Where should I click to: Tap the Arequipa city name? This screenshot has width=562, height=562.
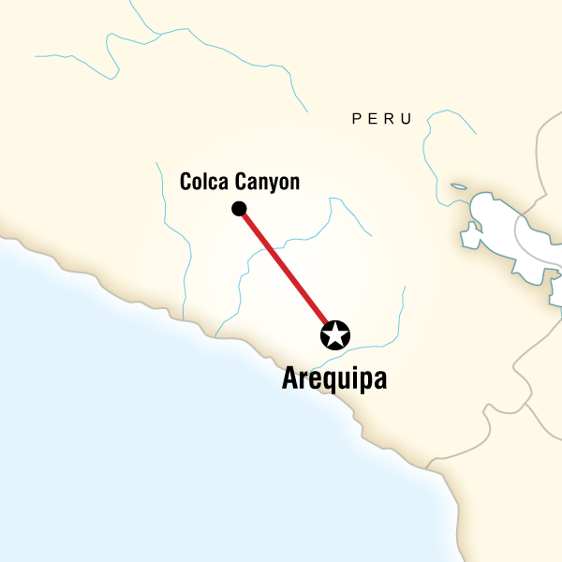coord(334,380)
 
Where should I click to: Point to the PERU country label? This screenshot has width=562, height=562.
coord(381,119)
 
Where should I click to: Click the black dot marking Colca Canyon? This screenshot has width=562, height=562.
coord(239,208)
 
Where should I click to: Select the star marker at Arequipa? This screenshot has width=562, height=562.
coord(334,334)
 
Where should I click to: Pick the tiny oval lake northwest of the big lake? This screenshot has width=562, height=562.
coord(458,186)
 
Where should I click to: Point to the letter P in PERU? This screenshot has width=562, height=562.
coord(356,119)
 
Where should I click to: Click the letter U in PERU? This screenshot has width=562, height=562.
coord(407,119)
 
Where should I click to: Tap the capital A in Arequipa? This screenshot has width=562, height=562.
coord(290,379)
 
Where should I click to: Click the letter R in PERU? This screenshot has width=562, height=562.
coord(390,119)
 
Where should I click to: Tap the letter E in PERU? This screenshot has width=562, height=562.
coord(373,119)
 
